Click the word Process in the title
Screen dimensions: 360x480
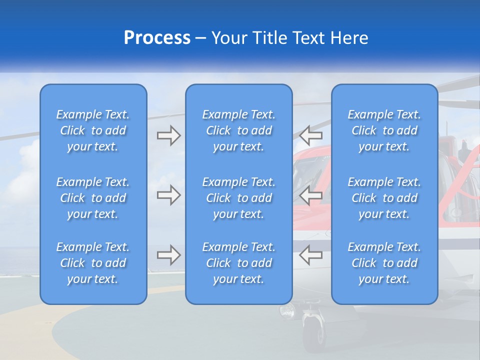(x=157, y=38)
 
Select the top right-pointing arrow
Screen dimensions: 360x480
(x=168, y=135)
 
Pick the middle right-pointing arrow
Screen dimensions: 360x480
(x=168, y=195)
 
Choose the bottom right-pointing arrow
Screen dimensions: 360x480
(x=168, y=255)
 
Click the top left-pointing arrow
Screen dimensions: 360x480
(x=311, y=135)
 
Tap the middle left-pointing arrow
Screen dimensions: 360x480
(x=311, y=195)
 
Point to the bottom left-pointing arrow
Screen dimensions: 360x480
(x=311, y=255)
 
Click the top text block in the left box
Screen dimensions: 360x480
(x=93, y=130)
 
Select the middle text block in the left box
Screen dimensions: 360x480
(x=93, y=198)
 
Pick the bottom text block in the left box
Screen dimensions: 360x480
(x=93, y=263)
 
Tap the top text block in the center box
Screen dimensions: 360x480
(x=239, y=130)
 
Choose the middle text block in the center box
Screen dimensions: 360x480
(x=239, y=198)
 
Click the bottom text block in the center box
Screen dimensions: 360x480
(x=239, y=263)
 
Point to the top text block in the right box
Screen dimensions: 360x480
(x=384, y=130)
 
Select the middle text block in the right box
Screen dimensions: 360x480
(x=384, y=198)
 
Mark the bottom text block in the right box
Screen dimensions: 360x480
(x=384, y=263)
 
